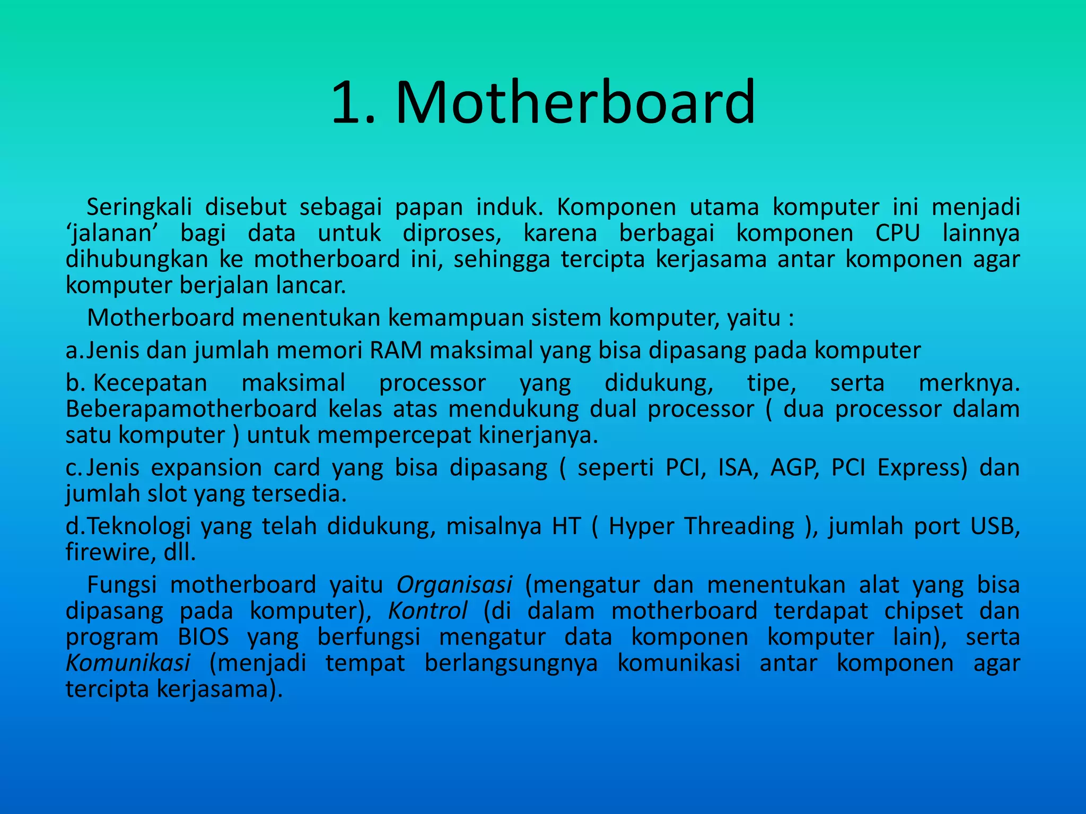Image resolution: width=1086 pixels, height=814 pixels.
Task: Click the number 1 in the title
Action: tap(347, 103)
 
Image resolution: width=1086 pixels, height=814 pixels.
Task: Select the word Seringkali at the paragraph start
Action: tap(139, 207)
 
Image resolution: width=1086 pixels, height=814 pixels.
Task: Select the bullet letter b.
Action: tap(73, 383)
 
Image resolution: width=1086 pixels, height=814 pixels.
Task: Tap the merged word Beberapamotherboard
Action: tap(191, 409)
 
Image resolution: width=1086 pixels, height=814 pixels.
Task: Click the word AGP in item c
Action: tap(794, 468)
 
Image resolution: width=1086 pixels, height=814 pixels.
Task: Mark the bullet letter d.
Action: tap(73, 526)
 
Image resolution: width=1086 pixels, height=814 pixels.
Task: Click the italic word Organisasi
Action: tap(454, 585)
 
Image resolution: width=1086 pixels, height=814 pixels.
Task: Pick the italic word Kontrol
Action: tap(427, 611)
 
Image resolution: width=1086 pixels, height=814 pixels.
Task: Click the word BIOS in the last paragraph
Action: tap(203, 637)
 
